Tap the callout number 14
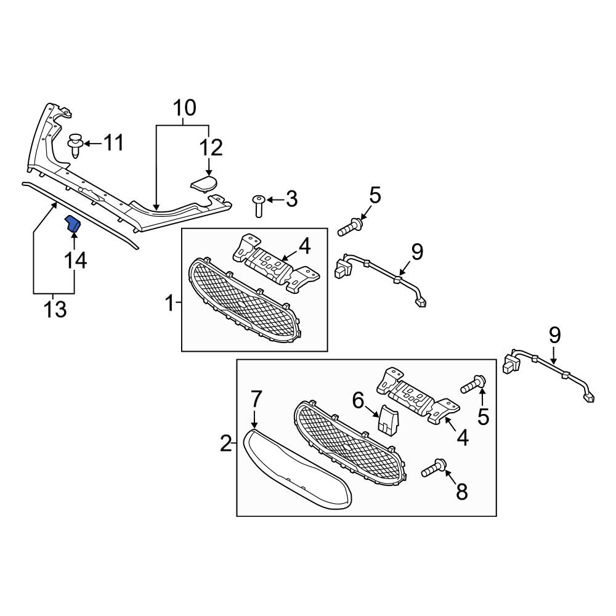point(75,260)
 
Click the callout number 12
point(211,148)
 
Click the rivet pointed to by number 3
point(258,205)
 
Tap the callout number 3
point(291,199)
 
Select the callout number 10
point(184,108)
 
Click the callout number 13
point(55,309)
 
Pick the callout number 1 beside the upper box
point(169,304)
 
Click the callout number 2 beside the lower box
point(226,444)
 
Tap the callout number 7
point(256,399)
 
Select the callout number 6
point(359,401)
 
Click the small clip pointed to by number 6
point(387,421)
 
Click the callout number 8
point(461,492)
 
